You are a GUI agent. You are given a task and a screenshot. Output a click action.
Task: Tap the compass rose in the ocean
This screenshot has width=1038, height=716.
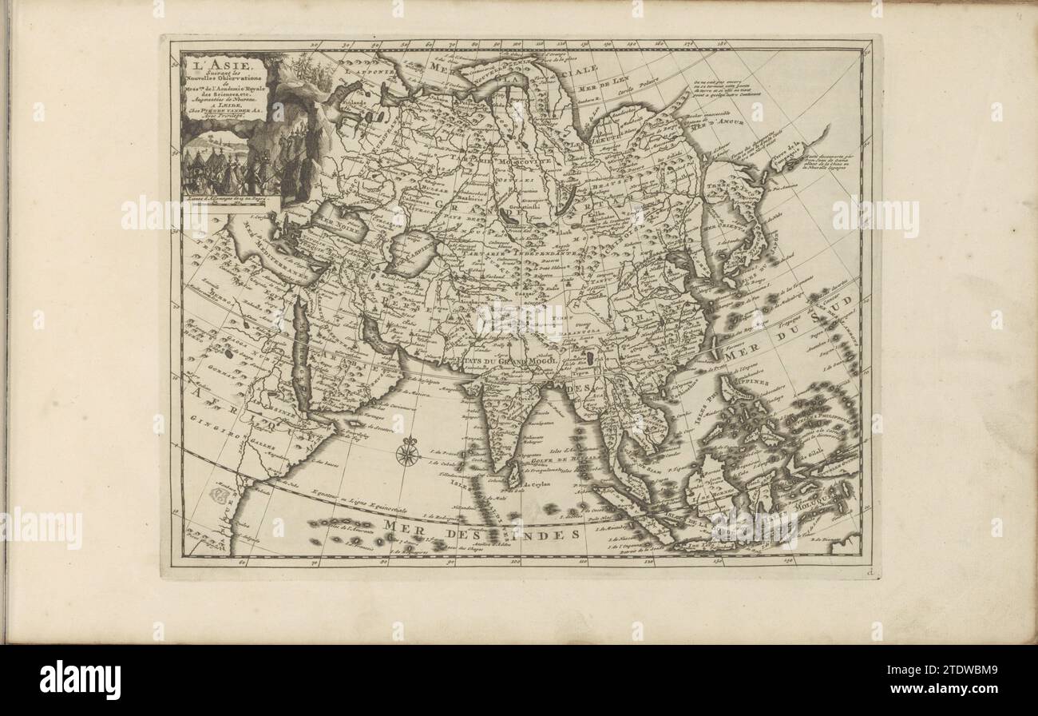click(x=407, y=454)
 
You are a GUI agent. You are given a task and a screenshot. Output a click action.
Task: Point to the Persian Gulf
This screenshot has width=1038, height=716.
click(x=375, y=336)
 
